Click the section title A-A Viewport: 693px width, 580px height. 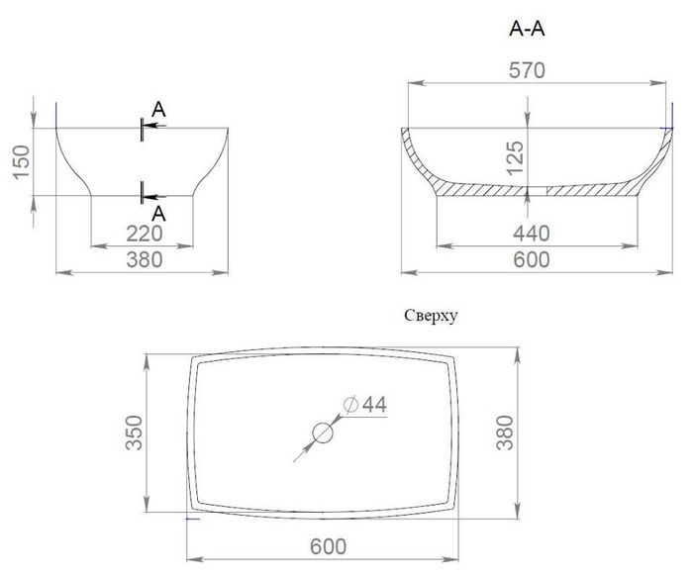tap(527, 29)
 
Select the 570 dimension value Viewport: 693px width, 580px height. tap(527, 70)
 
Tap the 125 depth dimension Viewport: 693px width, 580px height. tap(516, 158)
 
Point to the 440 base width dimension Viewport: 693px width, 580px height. tap(532, 234)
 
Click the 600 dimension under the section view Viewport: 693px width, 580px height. tap(532, 259)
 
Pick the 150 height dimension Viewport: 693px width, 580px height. tap(21, 162)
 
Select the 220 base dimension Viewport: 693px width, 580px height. tap(145, 234)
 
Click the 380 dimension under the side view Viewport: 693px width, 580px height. tap(145, 259)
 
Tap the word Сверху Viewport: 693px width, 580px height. tap(431, 316)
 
